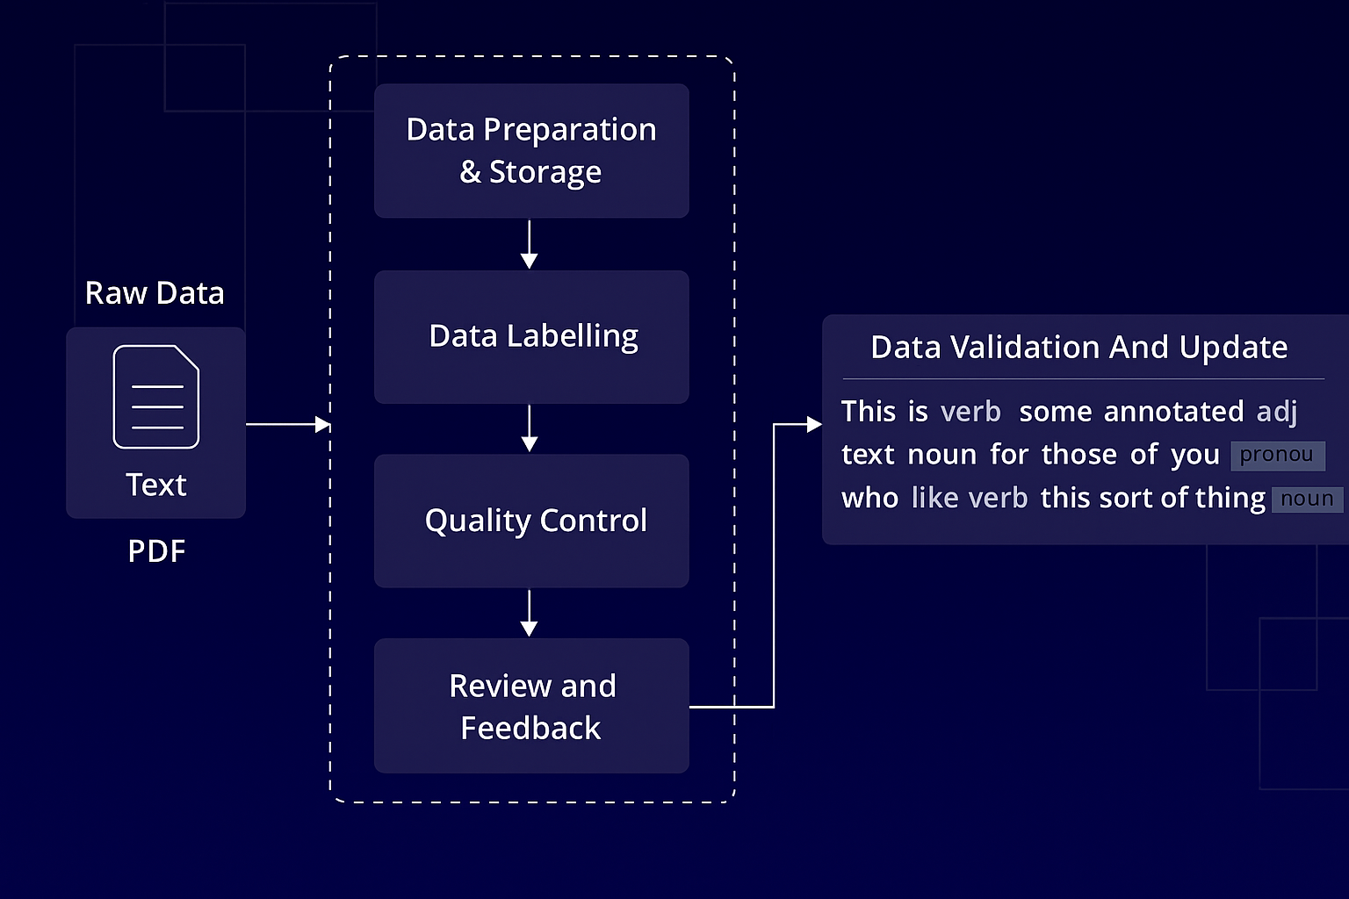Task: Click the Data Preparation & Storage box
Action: (x=531, y=150)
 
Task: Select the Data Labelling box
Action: (x=531, y=336)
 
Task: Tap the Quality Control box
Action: (x=531, y=521)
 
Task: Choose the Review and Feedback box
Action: (x=531, y=706)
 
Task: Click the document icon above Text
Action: (x=156, y=397)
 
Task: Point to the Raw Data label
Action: (x=155, y=293)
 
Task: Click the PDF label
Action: (x=156, y=551)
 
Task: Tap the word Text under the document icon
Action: (x=156, y=485)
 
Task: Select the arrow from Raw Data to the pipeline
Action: (x=288, y=425)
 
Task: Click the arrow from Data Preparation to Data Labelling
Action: (x=530, y=244)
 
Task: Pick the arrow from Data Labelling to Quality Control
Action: (x=530, y=428)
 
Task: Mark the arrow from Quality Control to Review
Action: (x=530, y=613)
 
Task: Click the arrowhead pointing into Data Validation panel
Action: (x=814, y=425)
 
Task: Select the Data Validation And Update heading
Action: (x=1079, y=348)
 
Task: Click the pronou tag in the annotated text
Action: (x=1278, y=456)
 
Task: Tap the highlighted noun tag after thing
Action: (x=1308, y=500)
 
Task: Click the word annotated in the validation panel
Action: (x=1173, y=412)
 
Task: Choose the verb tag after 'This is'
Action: (x=970, y=412)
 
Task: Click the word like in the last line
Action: (x=934, y=498)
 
